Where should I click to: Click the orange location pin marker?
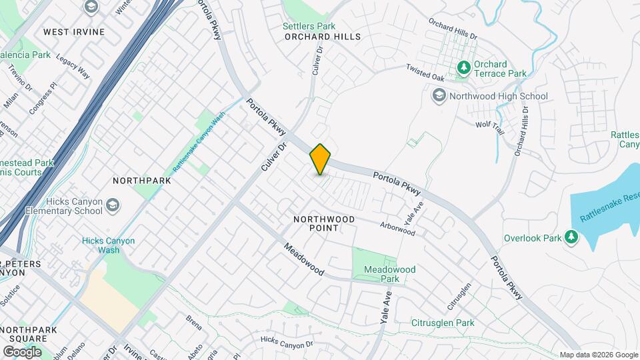pos(320,159)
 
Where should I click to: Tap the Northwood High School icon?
pos(439,97)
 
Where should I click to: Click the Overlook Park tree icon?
pos(571,237)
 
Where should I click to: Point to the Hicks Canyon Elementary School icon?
pos(113,205)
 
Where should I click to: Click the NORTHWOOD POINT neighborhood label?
pos(324,223)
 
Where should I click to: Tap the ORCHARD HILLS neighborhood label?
pos(322,37)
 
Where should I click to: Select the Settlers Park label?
pos(309,26)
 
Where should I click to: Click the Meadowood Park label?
pos(390,274)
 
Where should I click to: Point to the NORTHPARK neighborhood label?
pos(142,181)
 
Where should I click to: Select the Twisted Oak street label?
pos(425,73)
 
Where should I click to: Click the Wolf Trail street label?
pos(490,127)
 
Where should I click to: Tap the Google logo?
pos(22,351)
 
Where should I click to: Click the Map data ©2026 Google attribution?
pos(598,355)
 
